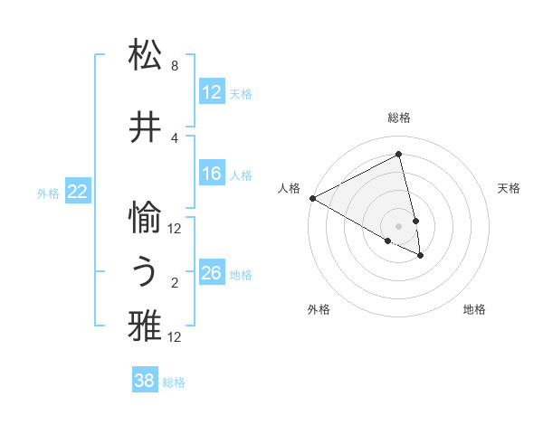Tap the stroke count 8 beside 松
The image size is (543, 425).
pos(175,66)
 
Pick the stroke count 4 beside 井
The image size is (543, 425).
pos(175,137)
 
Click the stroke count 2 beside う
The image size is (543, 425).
pos(175,283)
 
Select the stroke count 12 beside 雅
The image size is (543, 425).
pos(175,337)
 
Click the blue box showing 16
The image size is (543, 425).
pos(212,175)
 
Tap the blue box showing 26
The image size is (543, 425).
pos(212,274)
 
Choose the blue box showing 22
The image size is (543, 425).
pos(78,192)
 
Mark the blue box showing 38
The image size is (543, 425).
pos(145,382)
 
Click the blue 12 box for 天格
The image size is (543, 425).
pos(212,93)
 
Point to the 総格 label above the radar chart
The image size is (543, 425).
pos(399,118)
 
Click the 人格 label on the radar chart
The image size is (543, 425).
pos(290,188)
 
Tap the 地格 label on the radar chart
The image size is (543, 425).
pos(474,309)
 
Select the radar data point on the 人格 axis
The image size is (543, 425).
pos(312,198)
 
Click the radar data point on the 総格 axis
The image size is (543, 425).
pos(399,155)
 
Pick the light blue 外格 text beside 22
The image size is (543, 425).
pos(48,193)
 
